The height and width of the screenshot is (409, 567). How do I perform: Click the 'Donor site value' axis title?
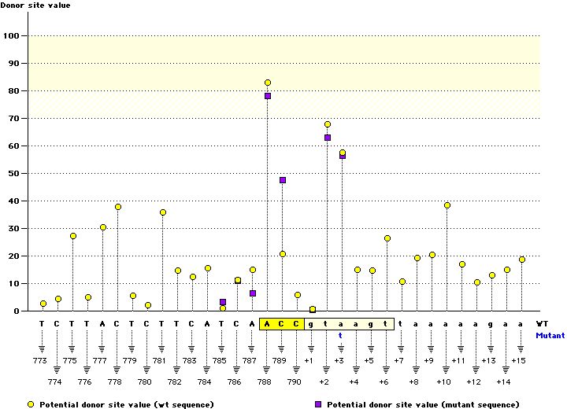(x=36, y=6)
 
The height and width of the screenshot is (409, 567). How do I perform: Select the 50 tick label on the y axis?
(x=13, y=173)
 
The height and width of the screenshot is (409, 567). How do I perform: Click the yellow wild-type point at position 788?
(x=268, y=83)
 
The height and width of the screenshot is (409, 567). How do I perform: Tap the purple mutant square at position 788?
(x=268, y=96)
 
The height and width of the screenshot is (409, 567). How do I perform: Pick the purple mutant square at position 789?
(x=283, y=180)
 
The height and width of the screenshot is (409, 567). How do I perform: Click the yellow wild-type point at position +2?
(x=328, y=124)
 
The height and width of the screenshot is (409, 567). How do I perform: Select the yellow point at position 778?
(x=118, y=207)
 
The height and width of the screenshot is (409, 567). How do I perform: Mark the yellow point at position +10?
(x=447, y=205)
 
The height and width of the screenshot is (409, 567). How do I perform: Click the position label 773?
(x=43, y=360)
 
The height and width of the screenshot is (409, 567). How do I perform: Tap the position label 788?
(x=268, y=381)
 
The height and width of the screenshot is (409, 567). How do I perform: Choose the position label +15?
(x=519, y=360)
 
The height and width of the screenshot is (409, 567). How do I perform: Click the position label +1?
(x=313, y=360)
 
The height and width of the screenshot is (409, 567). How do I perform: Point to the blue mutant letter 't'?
(x=340, y=334)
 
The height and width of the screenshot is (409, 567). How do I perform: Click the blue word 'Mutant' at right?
(x=550, y=334)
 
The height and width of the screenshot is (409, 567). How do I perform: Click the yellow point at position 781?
(x=163, y=212)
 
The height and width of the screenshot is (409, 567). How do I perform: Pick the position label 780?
(x=147, y=381)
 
